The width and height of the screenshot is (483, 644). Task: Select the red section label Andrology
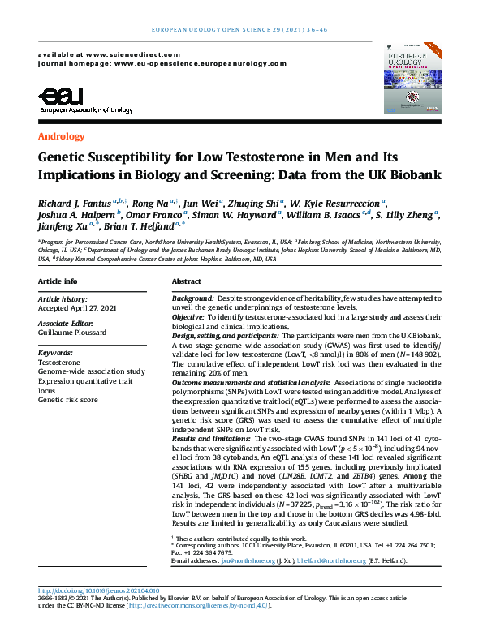click(61, 137)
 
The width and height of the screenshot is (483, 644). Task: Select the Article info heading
click(58, 281)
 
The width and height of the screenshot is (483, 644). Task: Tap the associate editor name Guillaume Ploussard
click(76, 333)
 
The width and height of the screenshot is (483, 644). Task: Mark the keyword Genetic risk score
click(68, 400)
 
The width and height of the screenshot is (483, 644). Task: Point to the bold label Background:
click(192, 300)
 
